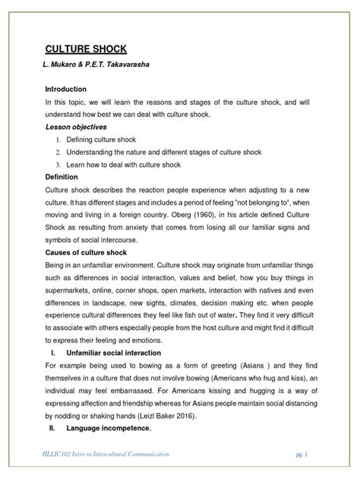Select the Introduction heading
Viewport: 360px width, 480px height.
pyautogui.click(x=70, y=89)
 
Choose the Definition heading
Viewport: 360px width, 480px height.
pyautogui.click(x=65, y=176)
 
